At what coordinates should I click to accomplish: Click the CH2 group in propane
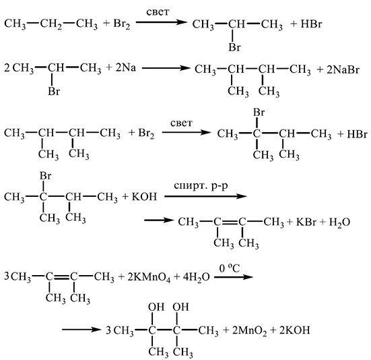(x=51, y=24)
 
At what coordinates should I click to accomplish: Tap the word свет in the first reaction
(x=158, y=12)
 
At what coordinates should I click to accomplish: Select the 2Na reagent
(x=126, y=68)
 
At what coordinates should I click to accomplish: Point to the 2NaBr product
(x=343, y=70)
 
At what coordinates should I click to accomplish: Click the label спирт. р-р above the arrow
(x=201, y=186)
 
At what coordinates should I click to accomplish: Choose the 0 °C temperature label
(x=230, y=268)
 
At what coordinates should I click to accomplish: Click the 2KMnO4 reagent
(x=149, y=277)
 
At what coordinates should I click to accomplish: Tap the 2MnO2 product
(x=249, y=330)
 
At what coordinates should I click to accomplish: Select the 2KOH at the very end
(x=294, y=330)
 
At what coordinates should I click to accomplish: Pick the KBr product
(x=306, y=222)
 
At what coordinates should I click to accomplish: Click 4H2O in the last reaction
(x=196, y=277)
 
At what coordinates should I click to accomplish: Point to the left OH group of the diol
(x=156, y=307)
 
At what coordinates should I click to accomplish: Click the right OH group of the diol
(x=180, y=307)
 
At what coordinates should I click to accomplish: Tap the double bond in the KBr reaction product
(x=230, y=222)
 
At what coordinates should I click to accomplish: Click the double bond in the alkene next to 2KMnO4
(x=62, y=276)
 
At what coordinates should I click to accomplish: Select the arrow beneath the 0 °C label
(x=234, y=276)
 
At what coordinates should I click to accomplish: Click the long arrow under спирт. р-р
(x=205, y=196)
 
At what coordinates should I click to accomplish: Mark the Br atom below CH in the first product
(x=234, y=47)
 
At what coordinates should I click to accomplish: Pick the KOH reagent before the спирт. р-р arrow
(x=144, y=197)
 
